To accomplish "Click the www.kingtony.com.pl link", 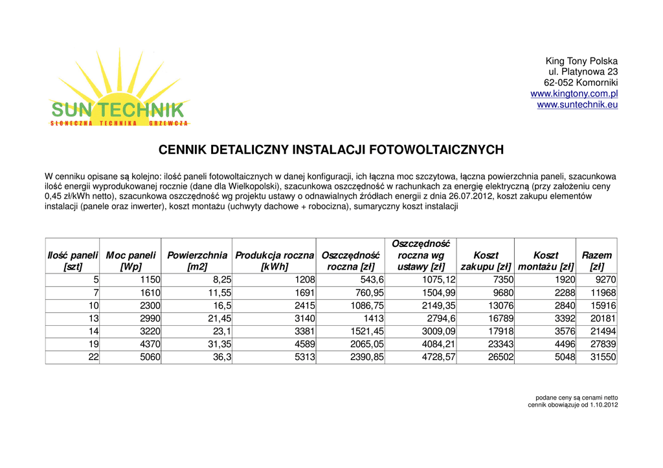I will [574, 94].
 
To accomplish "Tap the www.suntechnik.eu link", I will [577, 105].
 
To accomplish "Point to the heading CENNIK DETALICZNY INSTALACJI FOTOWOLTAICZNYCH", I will [331, 151].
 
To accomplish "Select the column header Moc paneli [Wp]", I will [131, 261].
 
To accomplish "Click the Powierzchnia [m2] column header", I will [197, 261].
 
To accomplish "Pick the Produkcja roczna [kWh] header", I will [275, 261].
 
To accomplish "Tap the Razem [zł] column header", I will [596, 261].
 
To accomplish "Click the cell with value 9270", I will [605, 280].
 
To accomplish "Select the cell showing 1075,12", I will [438, 280].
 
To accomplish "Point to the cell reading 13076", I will [500, 306].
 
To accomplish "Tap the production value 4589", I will [304, 345].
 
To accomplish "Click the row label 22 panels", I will [93, 357].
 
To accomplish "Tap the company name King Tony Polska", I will [581, 61].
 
